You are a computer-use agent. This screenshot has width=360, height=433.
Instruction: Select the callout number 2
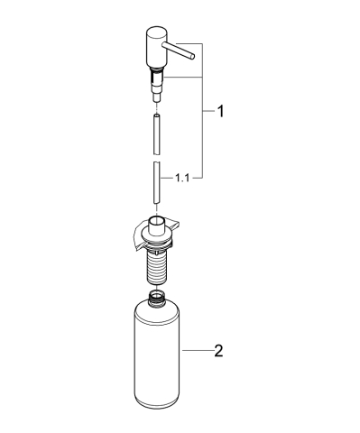(x=217, y=350)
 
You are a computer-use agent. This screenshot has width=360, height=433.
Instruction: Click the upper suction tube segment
(x=156, y=134)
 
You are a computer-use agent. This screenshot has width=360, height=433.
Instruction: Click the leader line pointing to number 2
(x=197, y=350)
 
